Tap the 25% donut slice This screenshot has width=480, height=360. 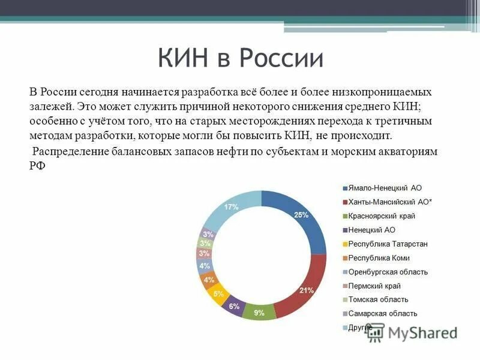point(301,215)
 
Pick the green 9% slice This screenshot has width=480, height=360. point(259,312)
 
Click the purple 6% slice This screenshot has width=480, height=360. point(234,306)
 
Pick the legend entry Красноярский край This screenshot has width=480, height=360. point(382,216)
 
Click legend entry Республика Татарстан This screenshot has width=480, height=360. point(388,244)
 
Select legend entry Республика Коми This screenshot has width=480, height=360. point(379,258)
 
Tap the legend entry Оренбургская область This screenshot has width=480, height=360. point(388,272)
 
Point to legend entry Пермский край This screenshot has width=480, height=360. point(374,286)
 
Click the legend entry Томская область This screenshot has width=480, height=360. point(378,299)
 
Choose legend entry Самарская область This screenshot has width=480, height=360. point(382,314)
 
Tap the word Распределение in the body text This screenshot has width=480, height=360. point(71,152)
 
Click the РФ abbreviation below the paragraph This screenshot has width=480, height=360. point(37,166)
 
